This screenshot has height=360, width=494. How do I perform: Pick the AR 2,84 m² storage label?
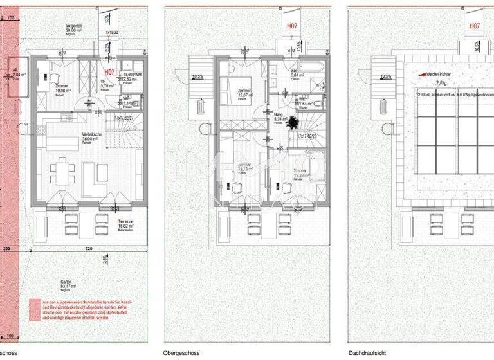(18, 75)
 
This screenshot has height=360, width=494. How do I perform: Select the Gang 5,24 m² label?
(279, 119)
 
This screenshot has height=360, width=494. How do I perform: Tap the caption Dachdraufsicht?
(367, 353)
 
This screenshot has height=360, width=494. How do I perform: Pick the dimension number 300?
(7, 248)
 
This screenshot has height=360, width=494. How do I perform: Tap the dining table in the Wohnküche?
(61, 172)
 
